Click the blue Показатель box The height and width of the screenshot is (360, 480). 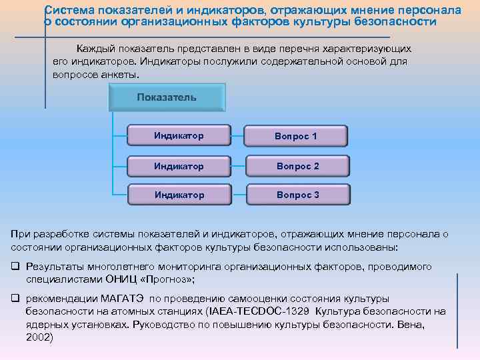click(167, 97)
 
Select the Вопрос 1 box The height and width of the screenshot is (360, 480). click(297, 136)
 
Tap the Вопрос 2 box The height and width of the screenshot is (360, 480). click(297, 166)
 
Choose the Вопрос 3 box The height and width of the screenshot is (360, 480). click(297, 195)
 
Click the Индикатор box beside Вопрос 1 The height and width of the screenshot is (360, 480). click(179, 136)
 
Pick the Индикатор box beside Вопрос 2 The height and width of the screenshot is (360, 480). click(179, 166)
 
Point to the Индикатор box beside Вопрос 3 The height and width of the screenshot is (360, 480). click(179, 195)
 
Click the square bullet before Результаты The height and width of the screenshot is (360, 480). click(15, 267)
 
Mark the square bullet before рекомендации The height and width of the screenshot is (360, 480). click(15, 299)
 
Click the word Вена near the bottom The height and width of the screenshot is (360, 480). click(411, 324)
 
